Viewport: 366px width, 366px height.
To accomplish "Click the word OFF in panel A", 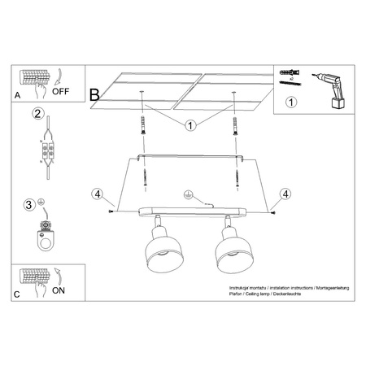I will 61,91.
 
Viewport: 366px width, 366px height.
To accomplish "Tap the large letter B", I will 95,94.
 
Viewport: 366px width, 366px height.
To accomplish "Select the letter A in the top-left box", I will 17,95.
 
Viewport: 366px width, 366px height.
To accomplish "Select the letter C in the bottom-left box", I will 17,293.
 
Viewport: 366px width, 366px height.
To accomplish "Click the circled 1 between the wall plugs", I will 190,125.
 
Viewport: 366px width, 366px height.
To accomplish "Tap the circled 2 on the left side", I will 37,114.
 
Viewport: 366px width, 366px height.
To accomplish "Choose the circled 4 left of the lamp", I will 98,194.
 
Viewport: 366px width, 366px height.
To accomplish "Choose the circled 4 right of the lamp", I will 285,194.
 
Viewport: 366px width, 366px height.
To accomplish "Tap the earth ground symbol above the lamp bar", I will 188,196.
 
